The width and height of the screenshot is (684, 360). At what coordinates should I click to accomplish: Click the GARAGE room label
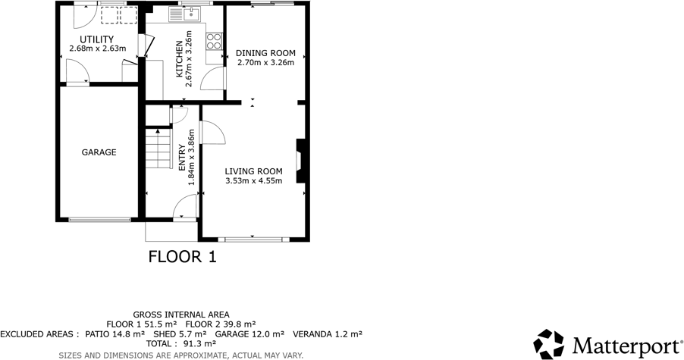(99, 152)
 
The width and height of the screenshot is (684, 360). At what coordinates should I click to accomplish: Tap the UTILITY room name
(97, 39)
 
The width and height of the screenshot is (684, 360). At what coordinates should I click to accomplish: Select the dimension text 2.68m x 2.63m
(97, 49)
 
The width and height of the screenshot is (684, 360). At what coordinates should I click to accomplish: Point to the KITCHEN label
(180, 59)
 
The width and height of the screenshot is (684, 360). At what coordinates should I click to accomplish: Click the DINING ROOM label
(265, 53)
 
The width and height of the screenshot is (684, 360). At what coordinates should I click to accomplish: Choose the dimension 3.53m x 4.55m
(253, 180)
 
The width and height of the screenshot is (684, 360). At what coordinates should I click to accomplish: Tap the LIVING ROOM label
(253, 171)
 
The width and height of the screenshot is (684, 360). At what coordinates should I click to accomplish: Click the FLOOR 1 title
(182, 256)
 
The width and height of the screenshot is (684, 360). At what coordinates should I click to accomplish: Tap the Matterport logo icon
(548, 344)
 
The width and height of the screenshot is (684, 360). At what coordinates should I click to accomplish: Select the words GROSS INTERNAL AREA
(181, 315)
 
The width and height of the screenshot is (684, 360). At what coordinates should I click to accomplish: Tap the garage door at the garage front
(99, 220)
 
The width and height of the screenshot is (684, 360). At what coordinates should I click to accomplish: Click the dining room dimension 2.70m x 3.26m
(265, 63)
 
